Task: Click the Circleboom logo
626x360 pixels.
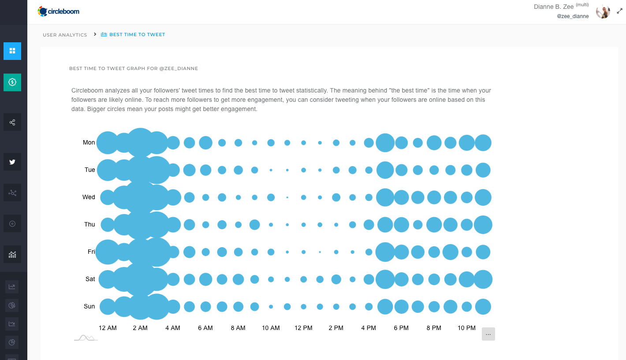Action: click(x=59, y=11)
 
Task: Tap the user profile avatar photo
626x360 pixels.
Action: click(x=603, y=12)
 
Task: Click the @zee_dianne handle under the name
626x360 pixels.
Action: click(x=573, y=16)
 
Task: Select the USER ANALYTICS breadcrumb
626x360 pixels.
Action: click(x=65, y=35)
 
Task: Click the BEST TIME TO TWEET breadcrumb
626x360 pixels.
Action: click(x=137, y=34)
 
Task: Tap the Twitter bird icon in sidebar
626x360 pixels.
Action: click(x=12, y=162)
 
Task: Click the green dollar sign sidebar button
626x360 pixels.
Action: click(x=12, y=82)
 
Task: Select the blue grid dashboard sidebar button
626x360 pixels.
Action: click(x=12, y=51)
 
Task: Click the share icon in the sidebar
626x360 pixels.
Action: click(x=12, y=122)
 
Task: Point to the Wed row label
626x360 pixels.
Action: click(x=89, y=197)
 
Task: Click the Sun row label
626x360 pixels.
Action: click(x=89, y=307)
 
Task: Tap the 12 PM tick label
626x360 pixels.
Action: click(x=303, y=328)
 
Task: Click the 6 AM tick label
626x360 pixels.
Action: click(x=205, y=328)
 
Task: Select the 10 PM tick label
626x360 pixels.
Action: click(x=466, y=328)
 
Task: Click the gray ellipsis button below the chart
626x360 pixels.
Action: click(x=488, y=334)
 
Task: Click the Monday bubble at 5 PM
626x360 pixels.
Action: click(x=385, y=143)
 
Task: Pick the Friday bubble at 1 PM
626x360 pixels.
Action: click(x=320, y=252)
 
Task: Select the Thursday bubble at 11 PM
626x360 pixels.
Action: click(x=483, y=225)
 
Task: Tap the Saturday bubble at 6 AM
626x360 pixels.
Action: click(x=205, y=279)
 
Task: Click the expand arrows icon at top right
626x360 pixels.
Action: click(x=619, y=11)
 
